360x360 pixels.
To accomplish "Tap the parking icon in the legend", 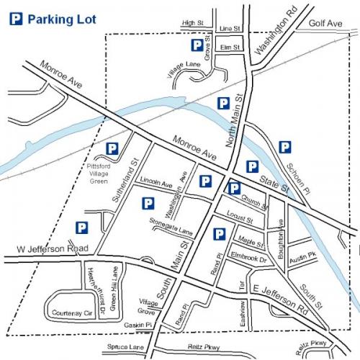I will (15, 20).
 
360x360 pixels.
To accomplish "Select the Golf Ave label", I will (325, 24).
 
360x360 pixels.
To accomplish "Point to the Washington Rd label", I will (267, 37).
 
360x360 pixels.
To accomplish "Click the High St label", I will (194, 23).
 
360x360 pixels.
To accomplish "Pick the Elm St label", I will (229, 47).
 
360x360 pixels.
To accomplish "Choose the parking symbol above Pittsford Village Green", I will (112, 149).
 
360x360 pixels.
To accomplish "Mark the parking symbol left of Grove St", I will (196, 45).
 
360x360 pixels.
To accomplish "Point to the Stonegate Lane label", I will (172, 228).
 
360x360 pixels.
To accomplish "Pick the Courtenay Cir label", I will (69, 313).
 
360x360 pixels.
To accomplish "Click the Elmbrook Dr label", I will (249, 258).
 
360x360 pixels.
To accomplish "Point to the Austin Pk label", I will (302, 255).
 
